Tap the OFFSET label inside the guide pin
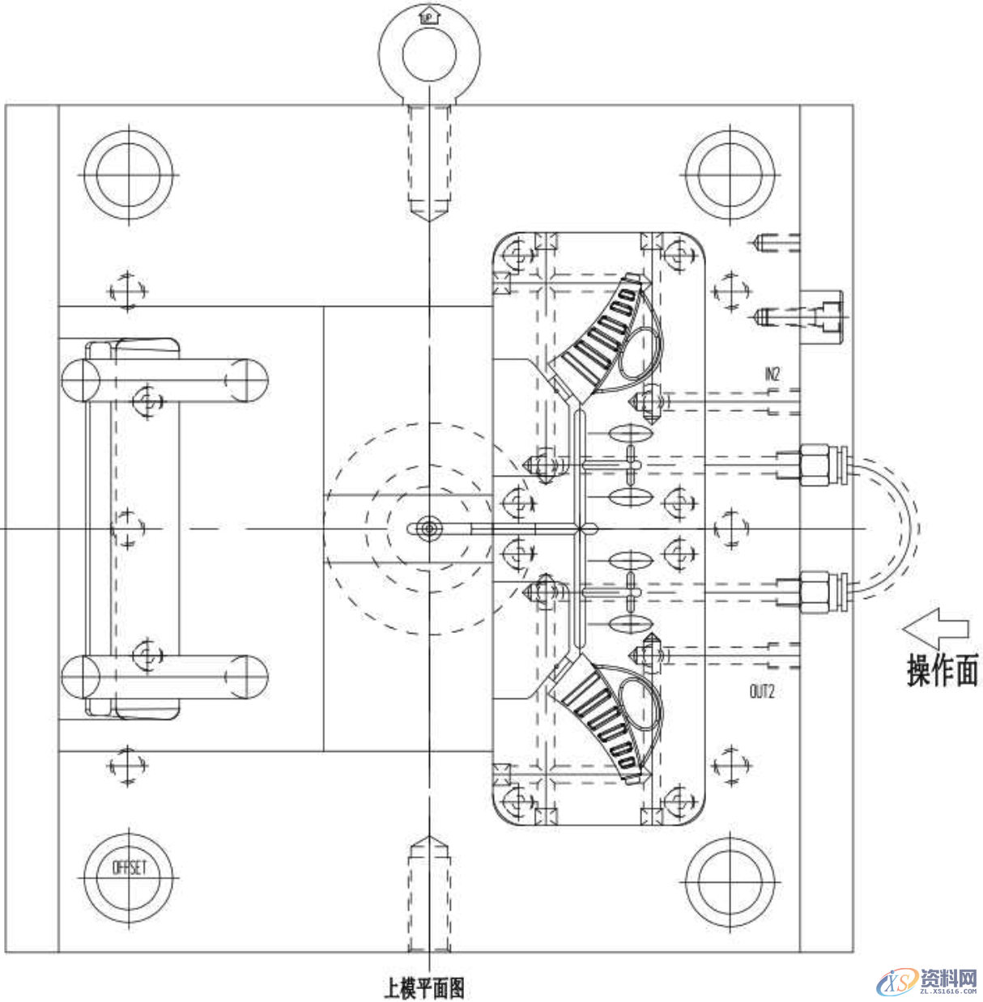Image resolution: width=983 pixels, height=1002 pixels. pyautogui.click(x=129, y=868)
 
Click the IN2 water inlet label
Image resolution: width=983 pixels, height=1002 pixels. pyautogui.click(x=771, y=374)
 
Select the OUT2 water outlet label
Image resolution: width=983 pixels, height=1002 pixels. pyautogui.click(x=761, y=691)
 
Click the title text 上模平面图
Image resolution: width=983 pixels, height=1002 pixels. pyautogui.click(x=423, y=987)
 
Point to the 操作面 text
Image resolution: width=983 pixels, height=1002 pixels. pyautogui.click(x=942, y=671)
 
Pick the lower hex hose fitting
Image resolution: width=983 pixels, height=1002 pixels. pyautogui.click(x=814, y=592)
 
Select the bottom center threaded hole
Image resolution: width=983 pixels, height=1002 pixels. pyautogui.click(x=429, y=894)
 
